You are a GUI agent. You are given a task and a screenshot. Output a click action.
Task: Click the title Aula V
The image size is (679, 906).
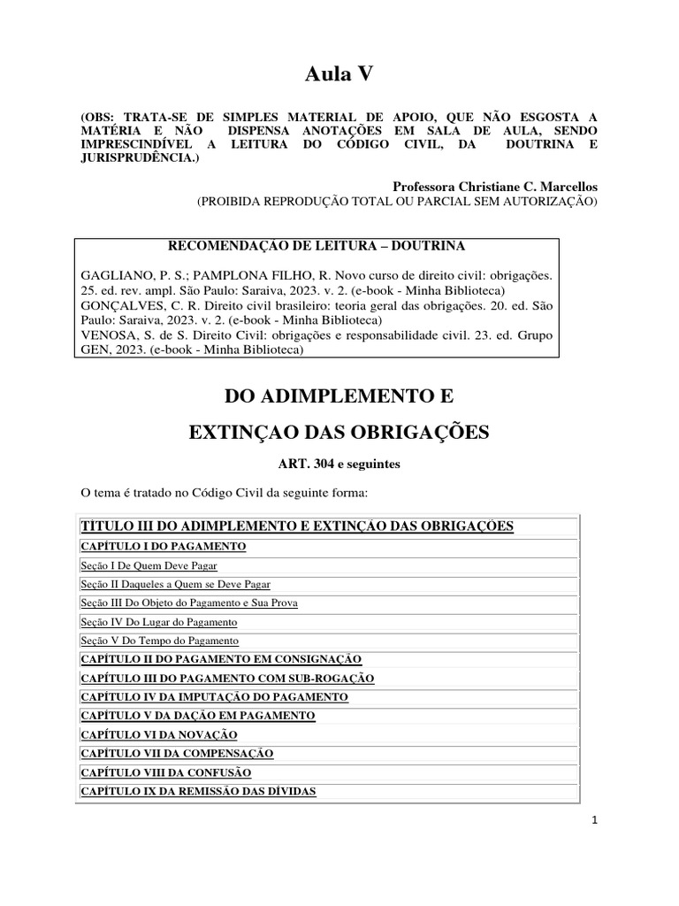tap(339, 76)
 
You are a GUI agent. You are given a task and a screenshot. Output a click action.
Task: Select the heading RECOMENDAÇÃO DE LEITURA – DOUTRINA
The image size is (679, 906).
tap(316, 245)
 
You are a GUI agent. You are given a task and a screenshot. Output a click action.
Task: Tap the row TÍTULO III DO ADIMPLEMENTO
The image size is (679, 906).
tap(297, 526)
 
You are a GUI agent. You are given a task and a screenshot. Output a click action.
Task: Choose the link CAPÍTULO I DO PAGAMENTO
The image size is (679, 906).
tap(164, 547)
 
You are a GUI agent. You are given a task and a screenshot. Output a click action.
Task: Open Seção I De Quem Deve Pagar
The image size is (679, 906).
tap(149, 565)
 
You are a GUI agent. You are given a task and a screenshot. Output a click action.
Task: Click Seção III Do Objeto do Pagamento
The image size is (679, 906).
tap(189, 603)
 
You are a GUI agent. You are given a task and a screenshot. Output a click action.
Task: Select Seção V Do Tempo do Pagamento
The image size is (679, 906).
tap(160, 641)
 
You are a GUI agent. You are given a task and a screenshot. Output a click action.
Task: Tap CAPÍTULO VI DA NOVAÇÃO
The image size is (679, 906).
tap(159, 734)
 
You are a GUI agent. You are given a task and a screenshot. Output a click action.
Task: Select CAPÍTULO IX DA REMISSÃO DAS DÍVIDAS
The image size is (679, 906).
tap(198, 791)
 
